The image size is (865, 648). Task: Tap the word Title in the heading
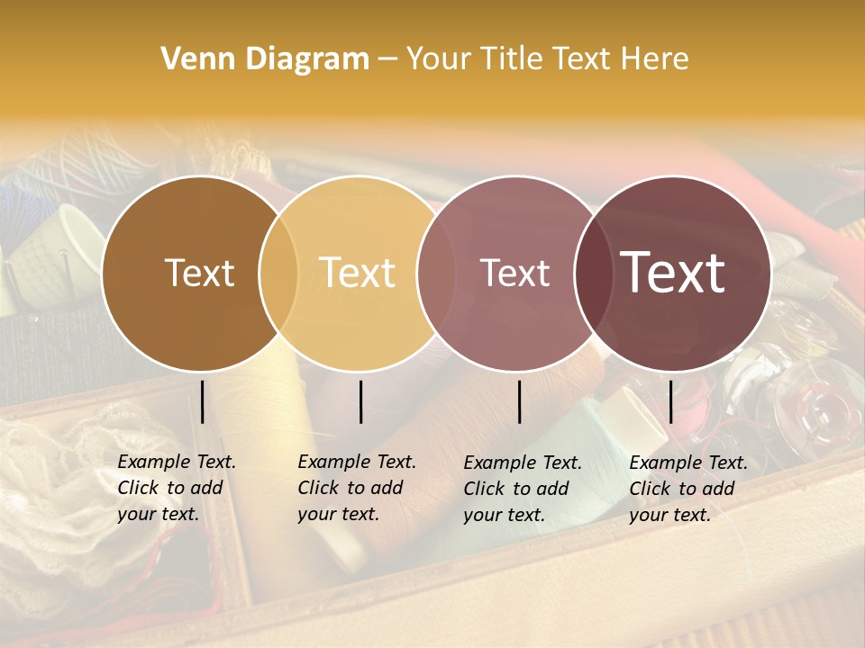[512, 59]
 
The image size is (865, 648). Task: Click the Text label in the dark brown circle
[199, 273]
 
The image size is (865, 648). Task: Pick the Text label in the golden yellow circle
[358, 273]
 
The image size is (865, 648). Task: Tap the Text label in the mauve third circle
[514, 273]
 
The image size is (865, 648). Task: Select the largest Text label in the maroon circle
[673, 273]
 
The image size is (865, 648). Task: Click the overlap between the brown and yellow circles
[278, 273]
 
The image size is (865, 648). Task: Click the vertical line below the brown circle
[203, 401]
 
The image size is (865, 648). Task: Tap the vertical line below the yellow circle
[360, 401]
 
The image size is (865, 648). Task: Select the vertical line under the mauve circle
[520, 401]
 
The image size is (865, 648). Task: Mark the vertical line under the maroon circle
[670, 401]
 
